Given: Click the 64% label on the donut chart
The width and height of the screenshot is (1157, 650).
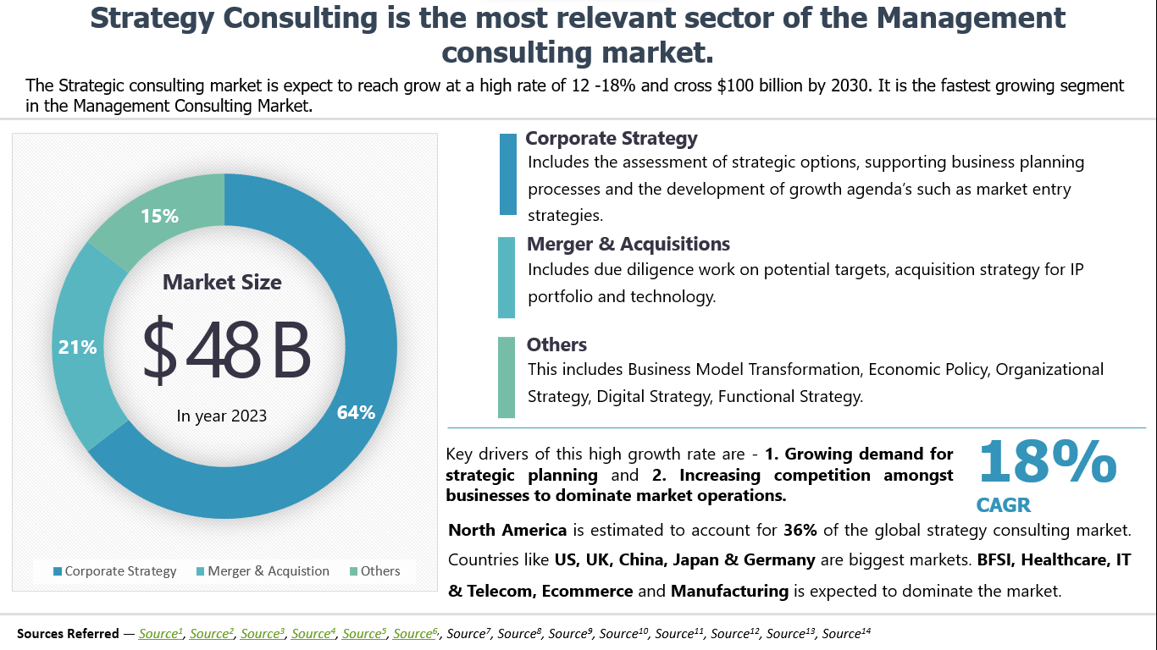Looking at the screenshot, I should point(356,413).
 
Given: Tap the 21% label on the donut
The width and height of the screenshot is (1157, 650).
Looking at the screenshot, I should point(77,347).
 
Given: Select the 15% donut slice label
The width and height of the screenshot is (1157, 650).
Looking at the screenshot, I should point(159,217).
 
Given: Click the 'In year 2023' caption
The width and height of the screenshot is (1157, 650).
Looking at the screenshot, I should point(222,416).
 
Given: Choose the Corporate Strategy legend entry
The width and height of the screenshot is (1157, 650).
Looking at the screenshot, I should point(114,571).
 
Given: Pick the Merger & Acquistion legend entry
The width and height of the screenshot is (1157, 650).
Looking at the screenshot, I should point(263,571).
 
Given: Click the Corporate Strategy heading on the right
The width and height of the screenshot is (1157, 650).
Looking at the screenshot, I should point(612,139).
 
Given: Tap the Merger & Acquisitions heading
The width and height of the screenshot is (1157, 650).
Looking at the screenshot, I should point(628,245).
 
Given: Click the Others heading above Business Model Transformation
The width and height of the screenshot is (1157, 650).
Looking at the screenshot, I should point(556,344).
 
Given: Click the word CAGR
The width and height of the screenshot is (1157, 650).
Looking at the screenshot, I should point(1004,506).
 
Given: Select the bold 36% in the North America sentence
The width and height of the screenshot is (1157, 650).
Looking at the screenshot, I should point(800,531).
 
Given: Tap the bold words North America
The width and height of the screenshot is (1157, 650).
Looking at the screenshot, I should point(507,531).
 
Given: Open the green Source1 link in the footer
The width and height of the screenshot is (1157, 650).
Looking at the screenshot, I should point(161,633).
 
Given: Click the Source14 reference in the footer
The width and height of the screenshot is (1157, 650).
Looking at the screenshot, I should point(846,633).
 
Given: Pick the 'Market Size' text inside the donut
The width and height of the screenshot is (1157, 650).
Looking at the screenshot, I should point(222,283).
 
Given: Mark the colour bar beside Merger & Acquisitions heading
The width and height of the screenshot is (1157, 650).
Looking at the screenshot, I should point(507,278).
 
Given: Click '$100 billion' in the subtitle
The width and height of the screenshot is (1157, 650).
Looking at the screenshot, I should point(783,85).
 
